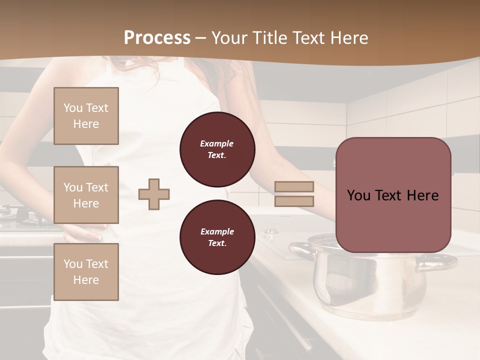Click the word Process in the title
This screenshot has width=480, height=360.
[157, 38]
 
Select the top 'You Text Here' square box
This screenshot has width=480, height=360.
[86, 116]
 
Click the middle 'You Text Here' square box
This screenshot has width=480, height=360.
[86, 195]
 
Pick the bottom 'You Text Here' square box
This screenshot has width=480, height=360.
[86, 272]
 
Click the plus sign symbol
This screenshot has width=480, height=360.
[154, 194]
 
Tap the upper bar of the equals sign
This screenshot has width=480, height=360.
[294, 187]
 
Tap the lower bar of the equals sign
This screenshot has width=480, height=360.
[294, 201]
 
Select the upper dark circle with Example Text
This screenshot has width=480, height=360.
[217, 149]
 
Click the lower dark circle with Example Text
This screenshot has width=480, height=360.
[217, 237]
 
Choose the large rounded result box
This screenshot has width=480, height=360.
[393, 195]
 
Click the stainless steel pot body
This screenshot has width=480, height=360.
[365, 287]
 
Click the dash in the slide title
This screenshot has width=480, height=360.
[201, 38]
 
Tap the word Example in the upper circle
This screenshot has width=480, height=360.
[216, 144]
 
